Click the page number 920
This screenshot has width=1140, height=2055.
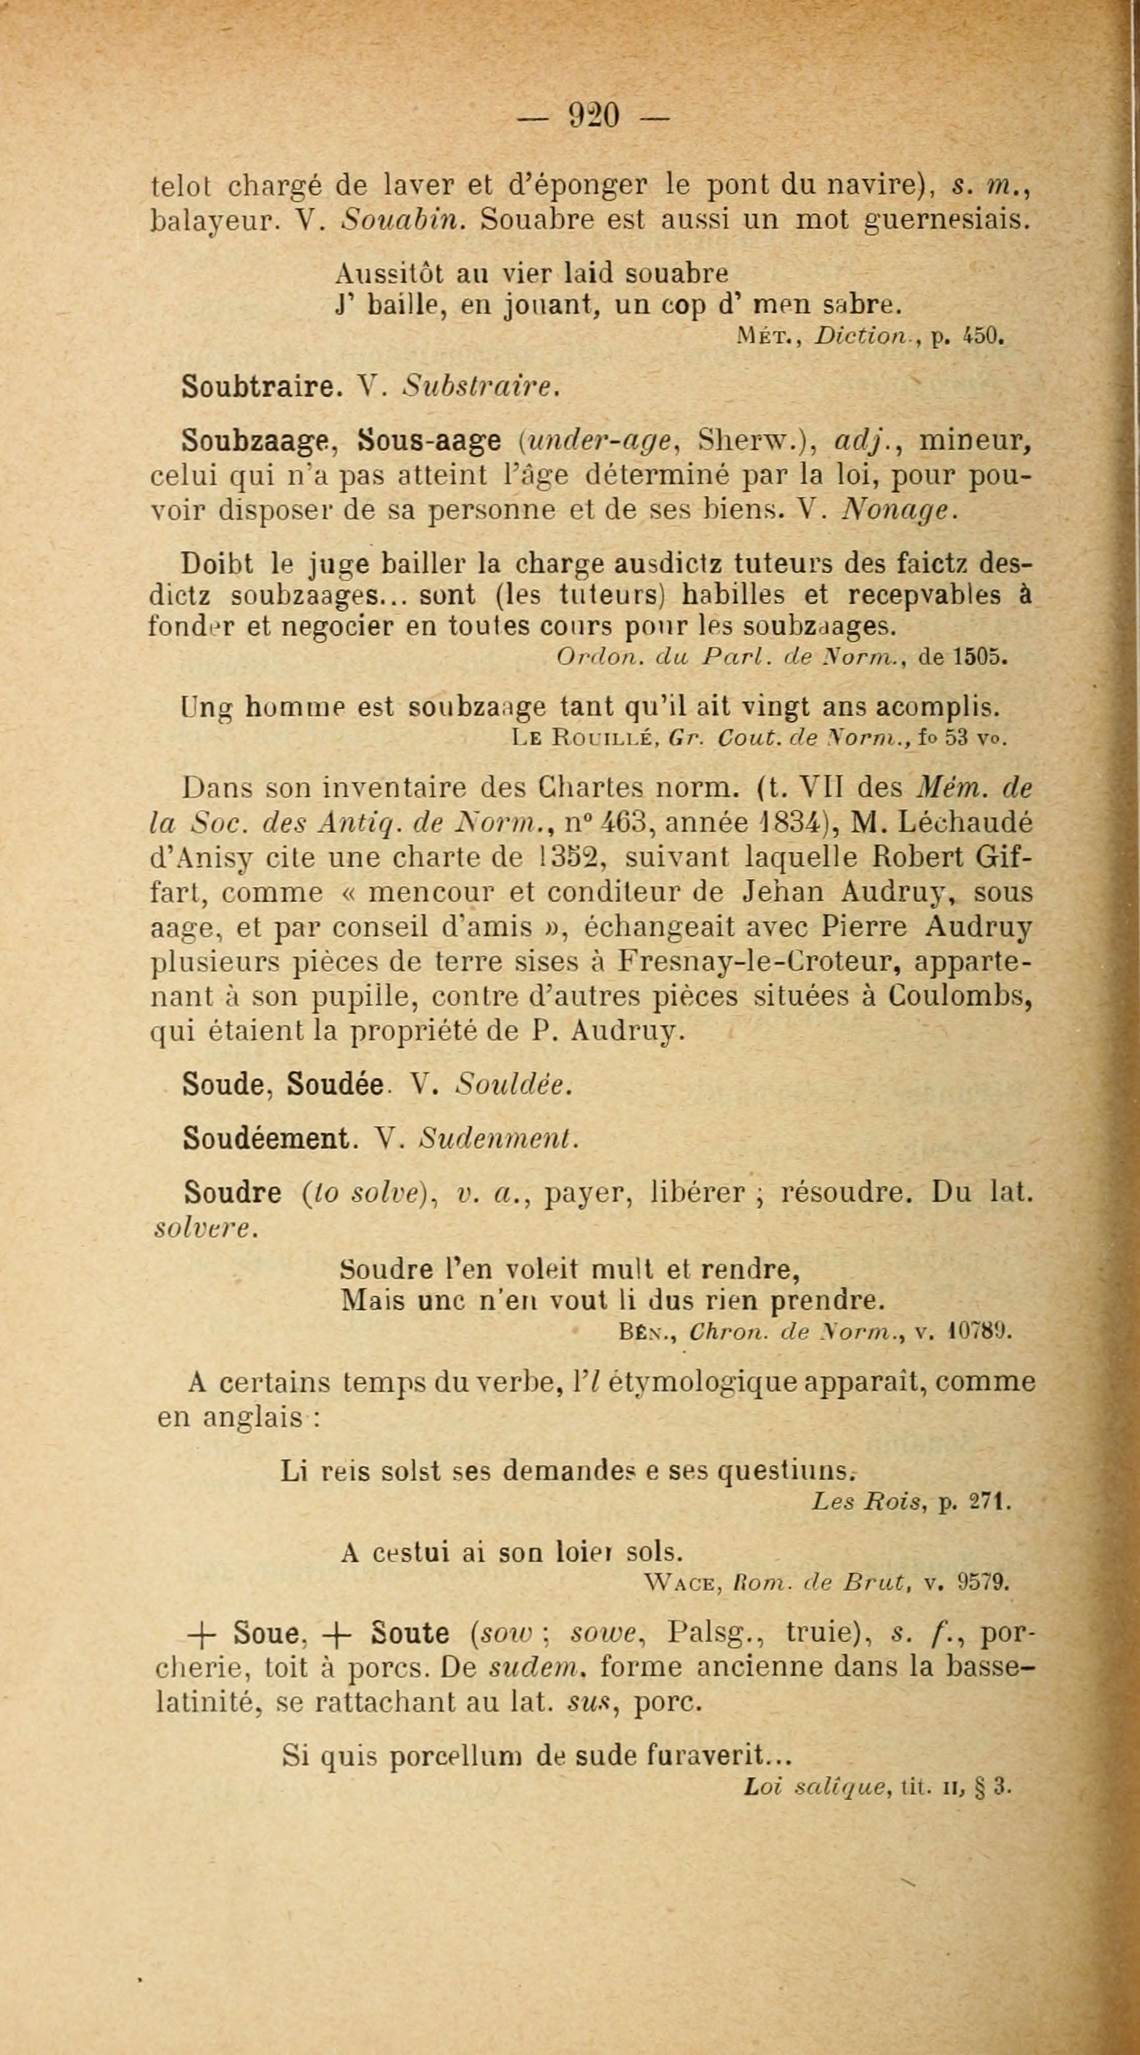tap(593, 117)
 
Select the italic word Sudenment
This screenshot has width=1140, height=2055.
tap(498, 1138)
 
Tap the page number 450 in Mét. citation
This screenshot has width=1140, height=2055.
tap(981, 336)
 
